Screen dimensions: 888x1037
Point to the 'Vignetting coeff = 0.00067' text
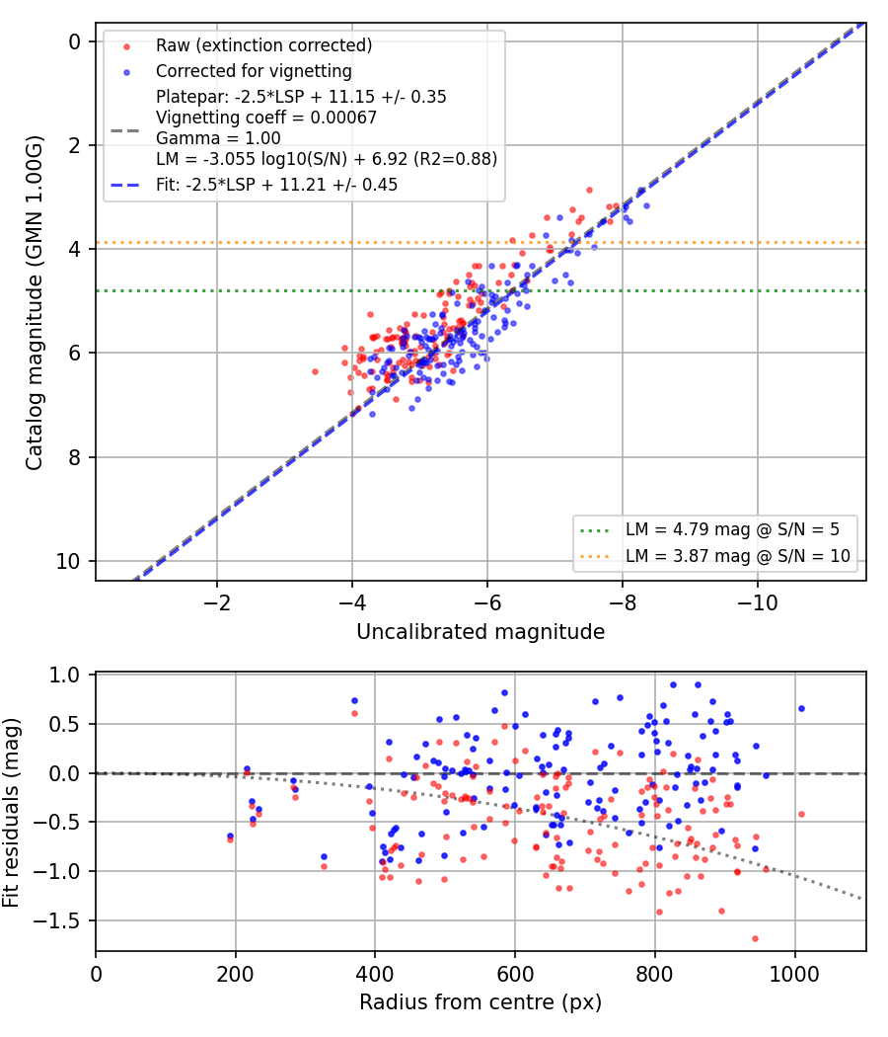[x=266, y=118]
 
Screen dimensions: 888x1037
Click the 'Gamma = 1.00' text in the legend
[x=218, y=138]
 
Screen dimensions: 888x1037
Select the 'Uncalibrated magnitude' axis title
[x=481, y=632]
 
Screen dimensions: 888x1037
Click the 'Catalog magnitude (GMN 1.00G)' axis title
[x=34, y=303]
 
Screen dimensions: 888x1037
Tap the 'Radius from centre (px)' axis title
[x=481, y=1002]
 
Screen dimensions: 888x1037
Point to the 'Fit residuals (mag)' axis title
[x=11, y=813]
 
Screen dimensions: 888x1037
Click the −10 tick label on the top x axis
[x=757, y=603]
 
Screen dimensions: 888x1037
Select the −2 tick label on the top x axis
[x=217, y=603]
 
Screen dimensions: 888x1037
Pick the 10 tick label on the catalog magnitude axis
[x=68, y=562]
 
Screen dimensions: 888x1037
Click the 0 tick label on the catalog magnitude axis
[x=75, y=42]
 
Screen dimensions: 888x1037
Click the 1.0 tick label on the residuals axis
[x=64, y=676]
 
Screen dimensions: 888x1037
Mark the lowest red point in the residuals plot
[x=755, y=939]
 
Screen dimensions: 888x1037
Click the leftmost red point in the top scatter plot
[x=315, y=372]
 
